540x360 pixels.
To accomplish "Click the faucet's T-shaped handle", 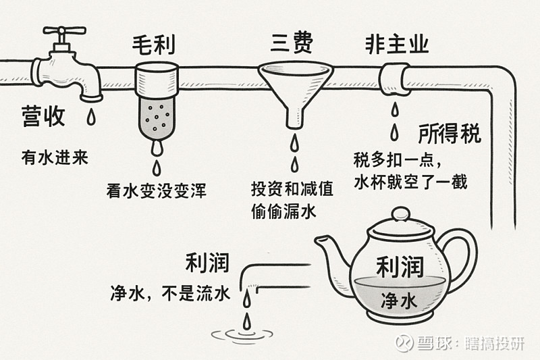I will point(64,31).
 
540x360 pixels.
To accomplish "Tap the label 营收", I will point(43,116).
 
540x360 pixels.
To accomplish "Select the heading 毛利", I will point(155,45).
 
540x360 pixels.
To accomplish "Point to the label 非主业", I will point(397,45).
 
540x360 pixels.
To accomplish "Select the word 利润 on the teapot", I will point(399,267).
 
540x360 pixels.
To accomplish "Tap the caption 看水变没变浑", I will point(156,190).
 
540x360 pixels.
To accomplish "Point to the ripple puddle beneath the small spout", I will point(245,333).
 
